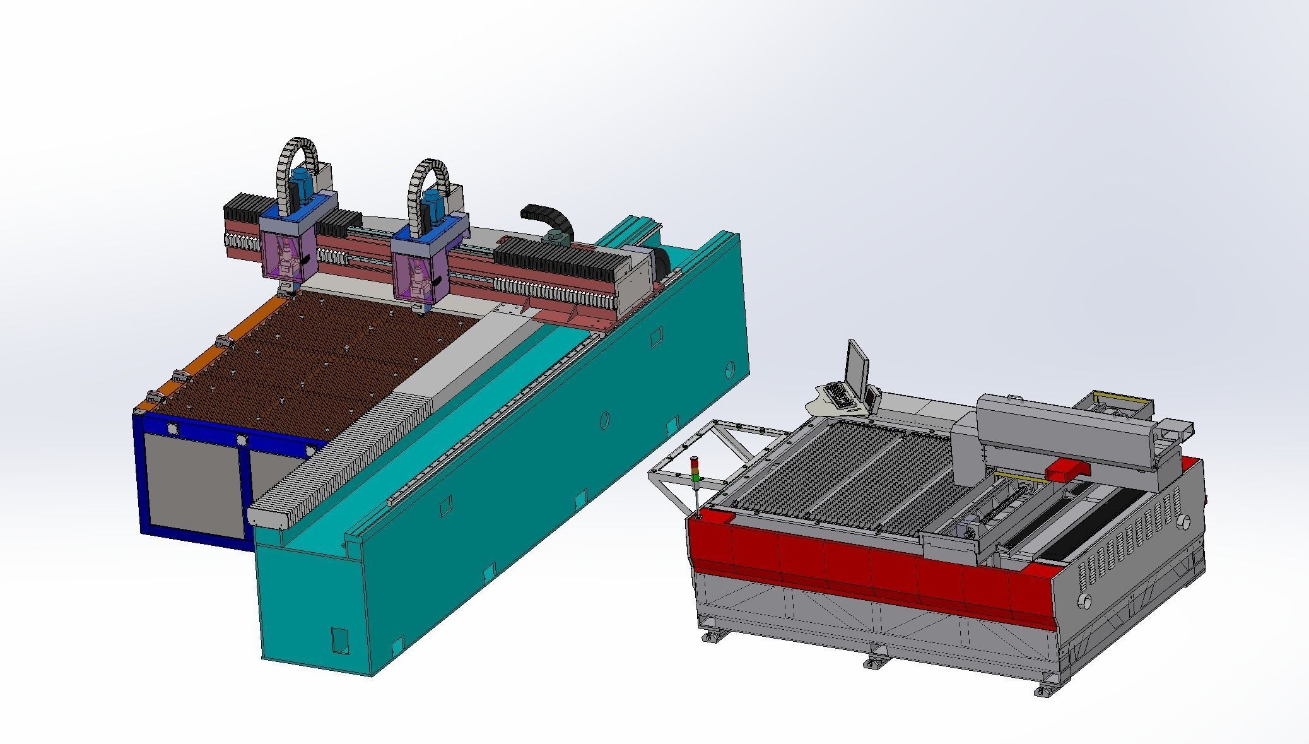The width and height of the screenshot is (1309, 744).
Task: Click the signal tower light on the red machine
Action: point(696,470)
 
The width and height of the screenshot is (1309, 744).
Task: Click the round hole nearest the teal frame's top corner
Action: point(731,367)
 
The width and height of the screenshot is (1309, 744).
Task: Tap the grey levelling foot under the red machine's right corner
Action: point(1045,690)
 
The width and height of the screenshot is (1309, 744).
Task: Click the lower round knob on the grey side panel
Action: point(1084,599)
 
